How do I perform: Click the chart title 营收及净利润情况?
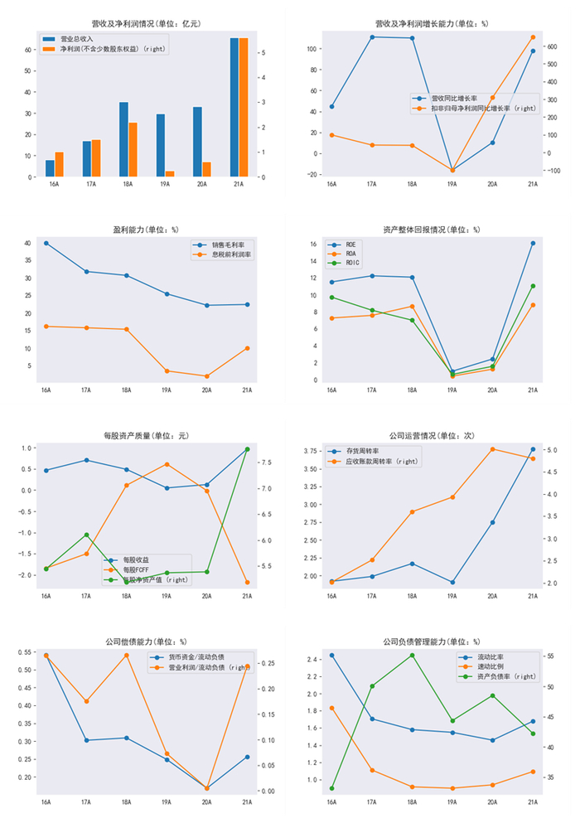pos(146,24)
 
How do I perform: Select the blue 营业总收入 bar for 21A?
pos(234,108)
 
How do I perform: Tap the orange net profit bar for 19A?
pos(170,173)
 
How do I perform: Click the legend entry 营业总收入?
pos(79,39)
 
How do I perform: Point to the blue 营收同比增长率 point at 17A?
pos(372,37)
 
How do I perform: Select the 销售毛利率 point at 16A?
pos(46,243)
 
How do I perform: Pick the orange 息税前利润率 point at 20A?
pos(207,376)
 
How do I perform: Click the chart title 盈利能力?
pos(146,229)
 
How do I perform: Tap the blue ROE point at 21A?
pos(533,243)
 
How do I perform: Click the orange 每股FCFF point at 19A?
pos(167,464)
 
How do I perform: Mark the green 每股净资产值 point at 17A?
pos(86,535)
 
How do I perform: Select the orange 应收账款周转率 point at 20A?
pos(492,449)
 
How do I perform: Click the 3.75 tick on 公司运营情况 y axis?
pos(312,451)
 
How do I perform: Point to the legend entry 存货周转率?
pos(362,451)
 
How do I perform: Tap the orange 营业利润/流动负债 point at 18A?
pos(126,655)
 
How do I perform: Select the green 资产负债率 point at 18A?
pos(412,655)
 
